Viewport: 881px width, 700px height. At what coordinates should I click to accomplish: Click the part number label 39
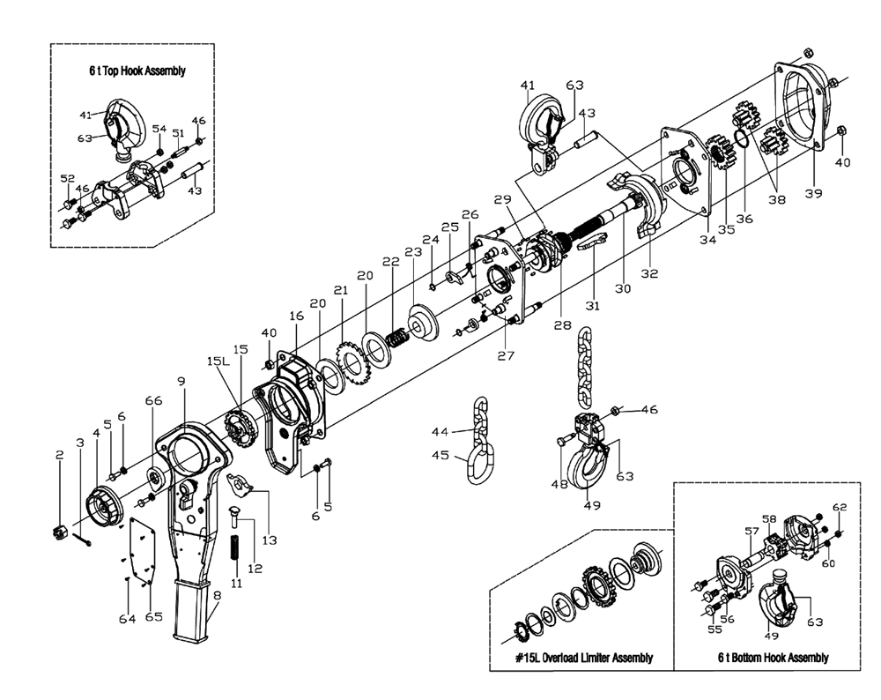813,193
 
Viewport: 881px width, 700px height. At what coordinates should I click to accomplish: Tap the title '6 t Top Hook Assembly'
137,71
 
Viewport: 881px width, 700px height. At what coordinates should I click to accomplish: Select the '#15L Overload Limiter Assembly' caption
584,658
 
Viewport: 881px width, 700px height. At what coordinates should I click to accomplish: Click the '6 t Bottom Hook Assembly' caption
774,658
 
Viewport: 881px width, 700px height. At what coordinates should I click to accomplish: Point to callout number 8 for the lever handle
217,595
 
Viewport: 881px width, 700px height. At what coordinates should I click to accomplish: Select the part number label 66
153,400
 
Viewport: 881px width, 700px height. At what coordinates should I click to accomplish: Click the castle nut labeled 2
59,532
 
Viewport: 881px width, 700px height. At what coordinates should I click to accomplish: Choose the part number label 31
593,306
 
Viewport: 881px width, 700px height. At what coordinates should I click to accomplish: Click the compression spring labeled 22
397,336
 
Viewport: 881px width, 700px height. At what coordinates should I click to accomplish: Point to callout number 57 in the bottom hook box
751,531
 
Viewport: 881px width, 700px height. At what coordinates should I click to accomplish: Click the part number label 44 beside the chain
440,432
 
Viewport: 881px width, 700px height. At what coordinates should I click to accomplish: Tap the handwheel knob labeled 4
105,503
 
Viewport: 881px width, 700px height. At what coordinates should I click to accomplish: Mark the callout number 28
562,325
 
